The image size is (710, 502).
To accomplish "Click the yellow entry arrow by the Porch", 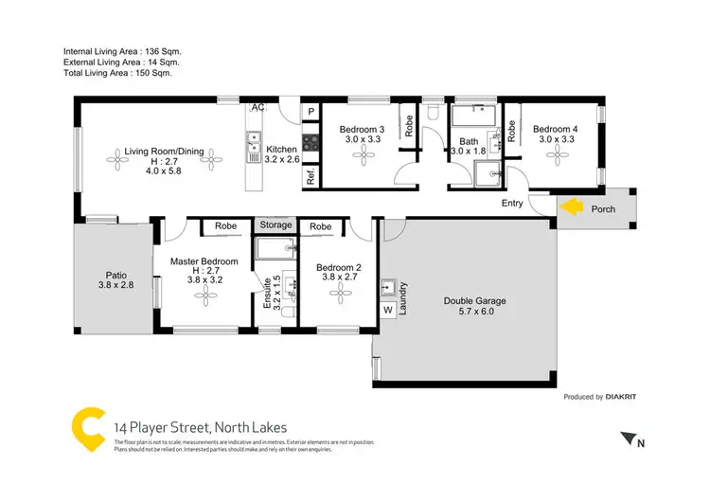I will click(x=571, y=207).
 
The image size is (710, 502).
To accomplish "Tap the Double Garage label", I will click(x=475, y=302).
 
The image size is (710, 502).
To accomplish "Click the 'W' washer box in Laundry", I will click(x=388, y=310).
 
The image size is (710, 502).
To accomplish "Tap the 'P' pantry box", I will click(x=311, y=112).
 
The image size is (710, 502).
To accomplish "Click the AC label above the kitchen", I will click(x=257, y=108).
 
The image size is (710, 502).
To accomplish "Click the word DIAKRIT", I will click(x=625, y=397).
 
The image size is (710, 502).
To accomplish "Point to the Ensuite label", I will click(x=268, y=304).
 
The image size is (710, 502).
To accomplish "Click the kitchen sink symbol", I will click(x=254, y=142).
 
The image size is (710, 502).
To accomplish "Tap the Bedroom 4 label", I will click(x=556, y=129).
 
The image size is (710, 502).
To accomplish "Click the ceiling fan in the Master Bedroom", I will click(x=206, y=296).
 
